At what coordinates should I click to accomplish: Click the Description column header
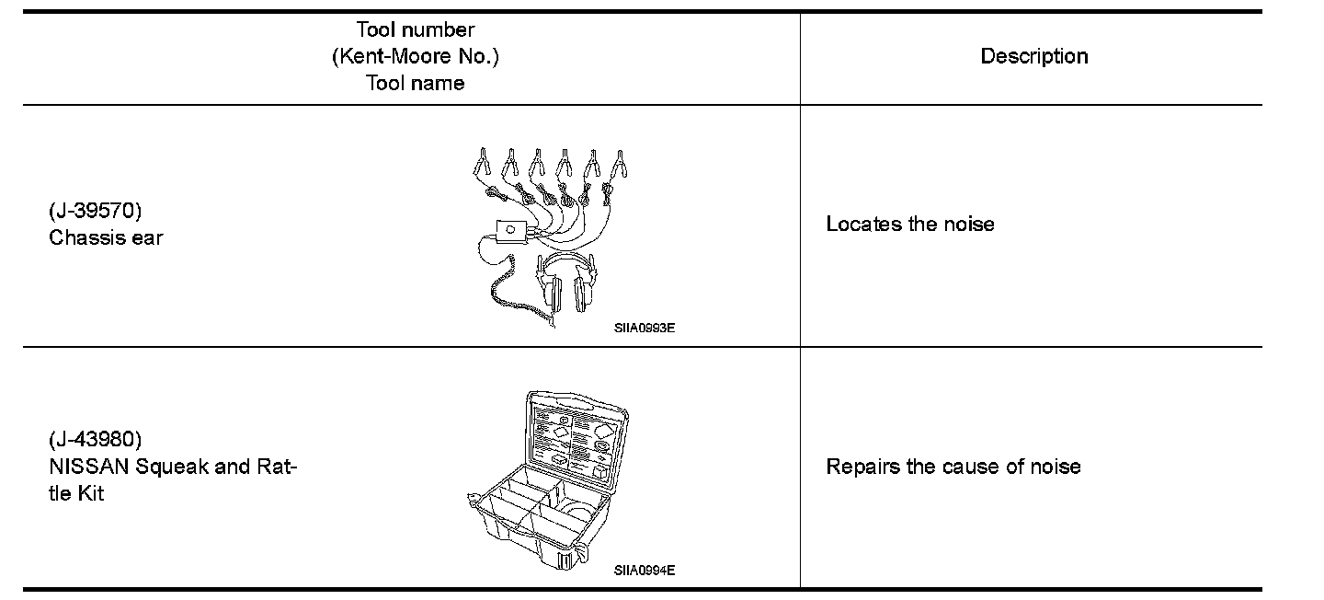click(1033, 56)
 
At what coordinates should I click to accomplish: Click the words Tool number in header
click(415, 30)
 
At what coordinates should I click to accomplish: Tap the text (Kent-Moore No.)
click(415, 56)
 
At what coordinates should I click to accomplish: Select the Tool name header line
click(415, 83)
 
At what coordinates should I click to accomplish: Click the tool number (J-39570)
click(95, 211)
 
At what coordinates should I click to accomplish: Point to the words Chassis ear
click(106, 237)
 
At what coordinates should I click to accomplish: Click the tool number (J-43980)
click(95, 438)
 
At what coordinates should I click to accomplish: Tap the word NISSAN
click(89, 466)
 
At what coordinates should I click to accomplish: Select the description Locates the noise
click(909, 224)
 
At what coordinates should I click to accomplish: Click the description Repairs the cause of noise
click(953, 466)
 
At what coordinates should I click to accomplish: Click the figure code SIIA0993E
click(645, 327)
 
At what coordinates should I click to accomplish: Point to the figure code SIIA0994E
click(645, 570)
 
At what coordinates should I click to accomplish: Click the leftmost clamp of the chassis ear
click(480, 166)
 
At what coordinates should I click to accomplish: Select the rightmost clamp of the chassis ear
click(621, 166)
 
